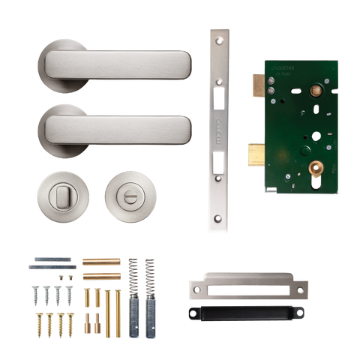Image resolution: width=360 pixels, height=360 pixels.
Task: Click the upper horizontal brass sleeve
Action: click(x=100, y=262)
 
